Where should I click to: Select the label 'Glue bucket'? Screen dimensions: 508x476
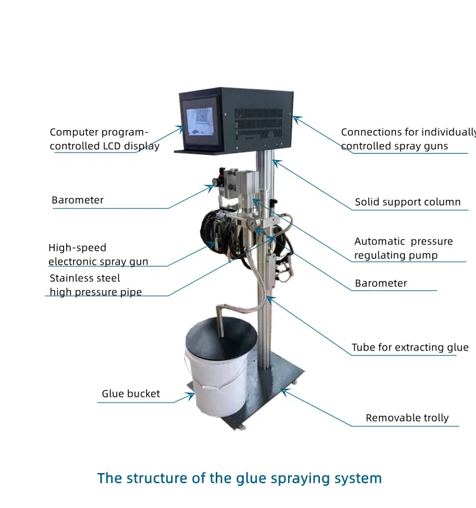pyautogui.click(x=131, y=394)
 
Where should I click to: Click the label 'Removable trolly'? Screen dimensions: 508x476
pyautogui.click(x=407, y=418)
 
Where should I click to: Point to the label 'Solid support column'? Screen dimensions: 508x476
pyautogui.click(x=407, y=202)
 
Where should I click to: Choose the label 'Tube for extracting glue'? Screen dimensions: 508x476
pyautogui.click(x=410, y=347)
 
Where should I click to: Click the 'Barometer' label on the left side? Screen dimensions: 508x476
pyautogui.click(x=77, y=200)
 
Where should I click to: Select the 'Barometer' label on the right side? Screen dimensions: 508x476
pyautogui.click(x=381, y=283)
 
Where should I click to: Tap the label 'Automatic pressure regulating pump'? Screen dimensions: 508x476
pyautogui.click(x=404, y=248)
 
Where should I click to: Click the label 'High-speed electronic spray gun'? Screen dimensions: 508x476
pyautogui.click(x=98, y=255)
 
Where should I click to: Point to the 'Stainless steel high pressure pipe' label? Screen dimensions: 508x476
pyautogui.click(x=96, y=285)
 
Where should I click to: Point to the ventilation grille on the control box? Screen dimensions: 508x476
pyautogui.click(x=260, y=118)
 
